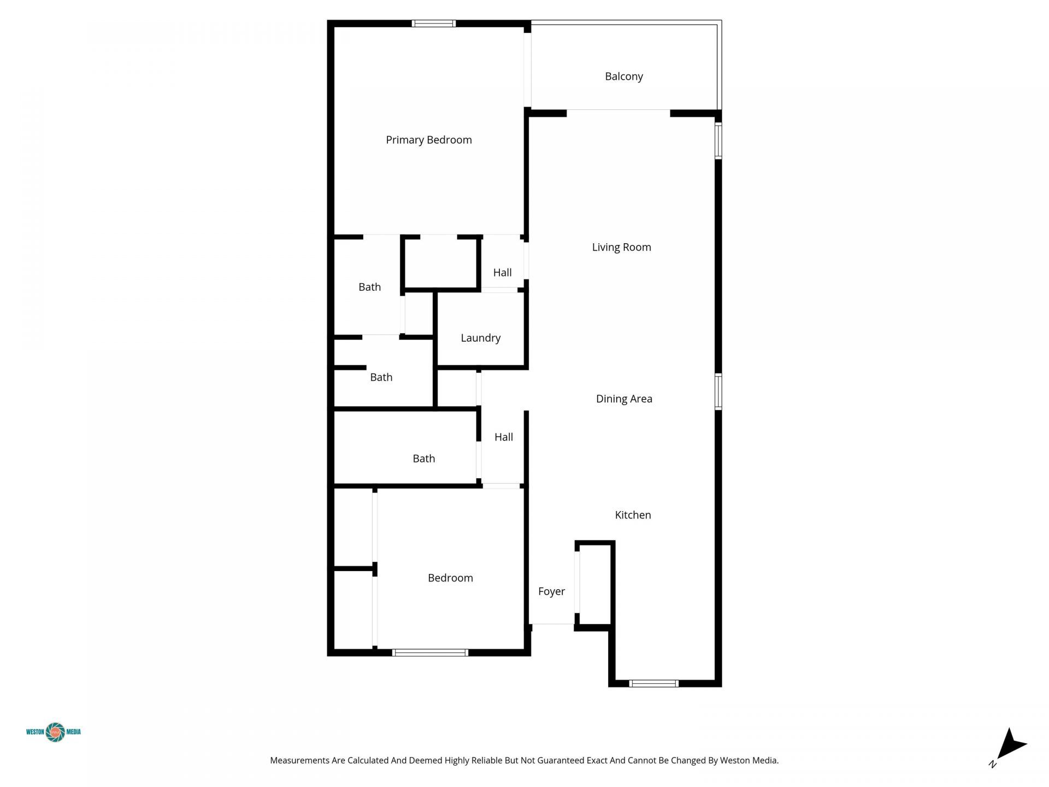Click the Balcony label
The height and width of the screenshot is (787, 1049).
click(623, 77)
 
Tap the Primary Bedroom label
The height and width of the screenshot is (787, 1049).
click(428, 140)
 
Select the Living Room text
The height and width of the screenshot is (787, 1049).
click(621, 247)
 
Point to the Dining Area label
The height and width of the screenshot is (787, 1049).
click(623, 399)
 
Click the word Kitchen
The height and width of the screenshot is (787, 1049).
click(633, 515)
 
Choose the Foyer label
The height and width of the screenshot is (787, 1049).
click(551, 591)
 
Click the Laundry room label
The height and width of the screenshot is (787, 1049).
click(480, 338)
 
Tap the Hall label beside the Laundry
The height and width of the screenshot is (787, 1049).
click(503, 437)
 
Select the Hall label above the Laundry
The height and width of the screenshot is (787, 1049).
click(502, 273)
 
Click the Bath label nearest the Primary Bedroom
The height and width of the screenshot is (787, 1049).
click(369, 287)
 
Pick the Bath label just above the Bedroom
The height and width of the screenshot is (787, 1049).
click(423, 459)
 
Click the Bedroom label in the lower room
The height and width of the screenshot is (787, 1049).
click(450, 578)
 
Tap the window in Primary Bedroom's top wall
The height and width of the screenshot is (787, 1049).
click(433, 24)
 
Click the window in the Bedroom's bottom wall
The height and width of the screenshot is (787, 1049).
click(430, 653)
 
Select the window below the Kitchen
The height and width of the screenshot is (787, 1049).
click(653, 683)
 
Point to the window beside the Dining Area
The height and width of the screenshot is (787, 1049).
click(718, 391)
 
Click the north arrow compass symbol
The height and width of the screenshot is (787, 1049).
click(1011, 746)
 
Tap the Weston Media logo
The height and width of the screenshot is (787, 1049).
click(54, 732)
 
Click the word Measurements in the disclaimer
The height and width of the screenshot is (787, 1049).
click(299, 760)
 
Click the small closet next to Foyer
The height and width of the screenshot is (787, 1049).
click(595, 585)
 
